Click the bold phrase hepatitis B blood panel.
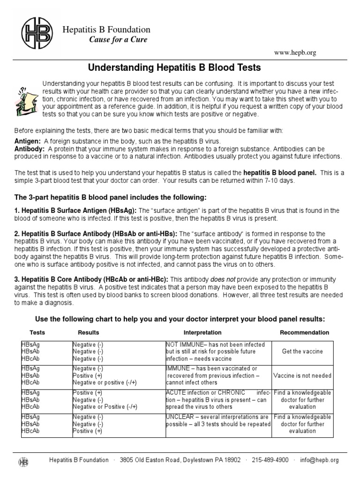280,172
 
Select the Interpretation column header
203,332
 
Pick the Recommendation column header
304,332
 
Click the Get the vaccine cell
302,352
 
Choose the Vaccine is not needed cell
302,375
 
